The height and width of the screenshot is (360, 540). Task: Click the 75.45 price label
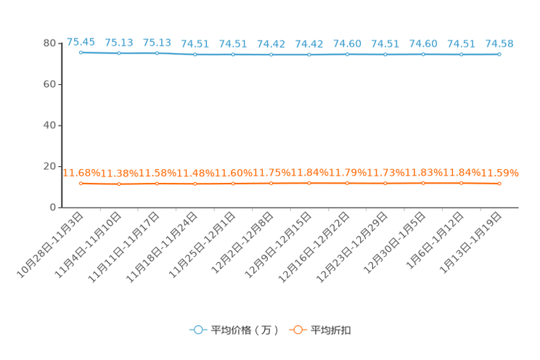point(81,42)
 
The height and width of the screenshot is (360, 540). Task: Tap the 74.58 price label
point(499,44)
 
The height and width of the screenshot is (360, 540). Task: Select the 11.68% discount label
point(81,173)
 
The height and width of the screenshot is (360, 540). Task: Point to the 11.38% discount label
point(119,173)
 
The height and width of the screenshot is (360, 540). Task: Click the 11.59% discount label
point(499,173)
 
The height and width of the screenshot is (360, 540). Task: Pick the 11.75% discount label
point(271,172)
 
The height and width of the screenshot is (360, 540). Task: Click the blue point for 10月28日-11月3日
point(81,52)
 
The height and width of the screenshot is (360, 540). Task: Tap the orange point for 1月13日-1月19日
point(499,184)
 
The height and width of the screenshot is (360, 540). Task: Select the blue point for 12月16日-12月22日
point(347,54)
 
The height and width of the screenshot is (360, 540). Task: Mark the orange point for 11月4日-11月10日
point(119,184)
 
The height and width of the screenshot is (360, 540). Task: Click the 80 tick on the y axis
point(49,43)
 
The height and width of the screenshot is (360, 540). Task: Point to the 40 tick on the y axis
point(49,126)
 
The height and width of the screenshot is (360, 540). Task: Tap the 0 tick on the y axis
point(53,208)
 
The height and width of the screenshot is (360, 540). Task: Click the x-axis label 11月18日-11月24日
point(161,247)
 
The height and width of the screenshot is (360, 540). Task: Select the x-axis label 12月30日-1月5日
point(394,243)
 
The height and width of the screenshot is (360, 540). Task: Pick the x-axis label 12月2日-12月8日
point(242,243)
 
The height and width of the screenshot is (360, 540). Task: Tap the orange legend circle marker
point(298,330)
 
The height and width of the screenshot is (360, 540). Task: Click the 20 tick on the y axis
point(49,166)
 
